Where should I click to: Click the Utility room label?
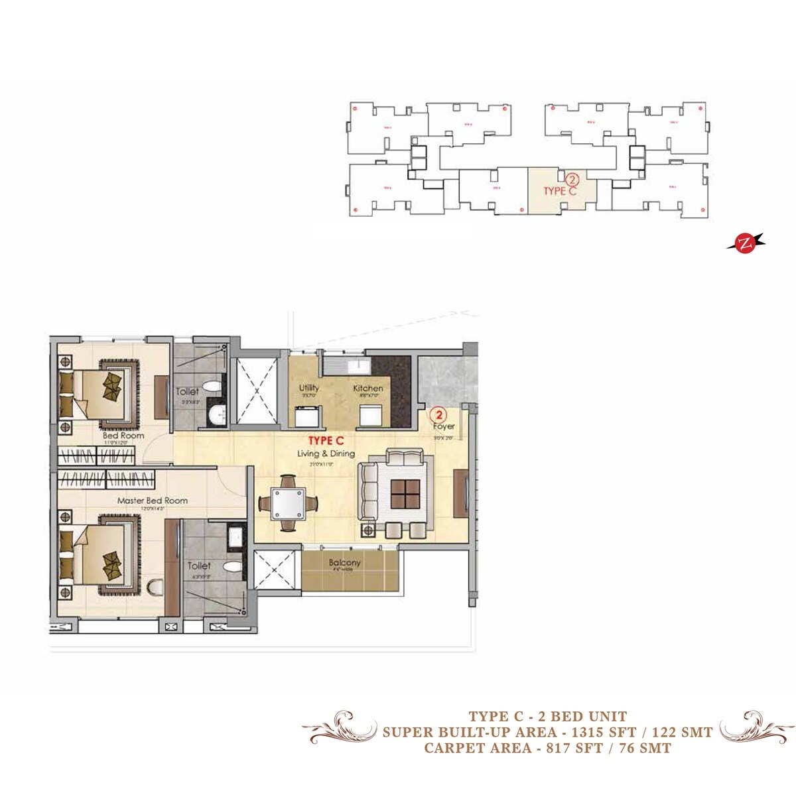coord(309,388)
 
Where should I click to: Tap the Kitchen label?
coord(367,388)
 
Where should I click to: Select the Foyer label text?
coord(444,426)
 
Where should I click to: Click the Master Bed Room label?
coord(152,501)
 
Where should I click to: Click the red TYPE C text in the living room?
coord(325,440)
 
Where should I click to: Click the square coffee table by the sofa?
coord(405,493)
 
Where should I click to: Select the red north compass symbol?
coord(746,243)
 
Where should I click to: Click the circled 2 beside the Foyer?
coord(437,413)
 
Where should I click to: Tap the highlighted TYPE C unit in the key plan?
coord(561,190)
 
